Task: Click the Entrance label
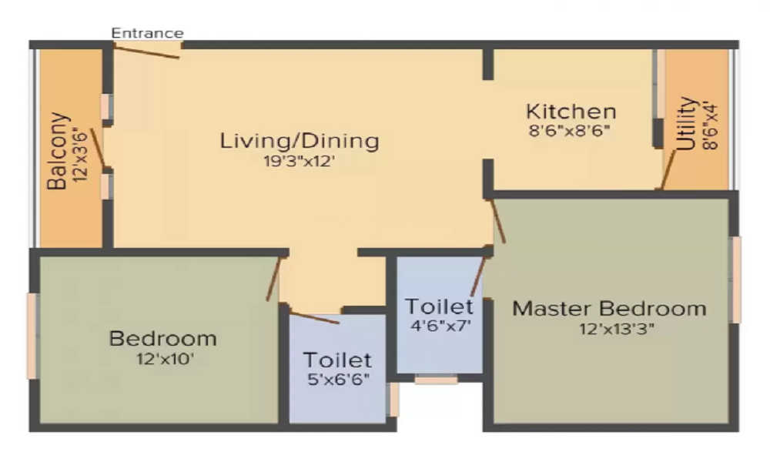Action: coord(147,33)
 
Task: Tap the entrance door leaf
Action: coord(146,51)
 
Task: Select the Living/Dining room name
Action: coord(299,141)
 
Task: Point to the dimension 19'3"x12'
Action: coord(299,161)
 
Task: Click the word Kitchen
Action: coord(571,112)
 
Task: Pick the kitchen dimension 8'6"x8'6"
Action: coord(570,131)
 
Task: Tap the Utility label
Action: coord(687,123)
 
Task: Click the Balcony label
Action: coord(58,151)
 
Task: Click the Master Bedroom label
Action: coord(609,308)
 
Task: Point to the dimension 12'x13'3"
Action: coord(617,329)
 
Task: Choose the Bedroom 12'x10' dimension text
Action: coord(165,359)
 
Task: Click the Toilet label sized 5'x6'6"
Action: coord(337,360)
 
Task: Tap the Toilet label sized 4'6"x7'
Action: coord(439,306)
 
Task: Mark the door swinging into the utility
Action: coord(668,169)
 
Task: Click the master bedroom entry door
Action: coord(498,221)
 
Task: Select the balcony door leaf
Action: coord(98,147)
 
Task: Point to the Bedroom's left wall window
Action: coord(32,336)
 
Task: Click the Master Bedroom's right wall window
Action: coord(735,280)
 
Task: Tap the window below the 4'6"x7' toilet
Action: coord(436,379)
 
